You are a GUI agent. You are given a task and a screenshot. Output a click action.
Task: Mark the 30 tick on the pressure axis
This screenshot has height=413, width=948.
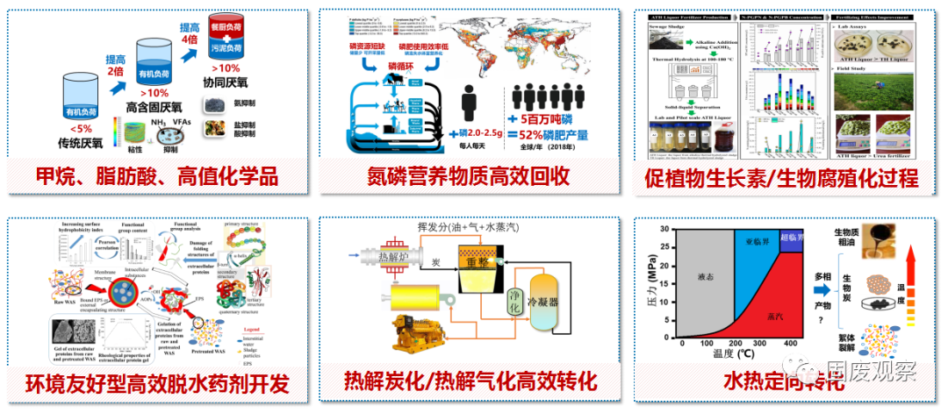click(670, 230)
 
